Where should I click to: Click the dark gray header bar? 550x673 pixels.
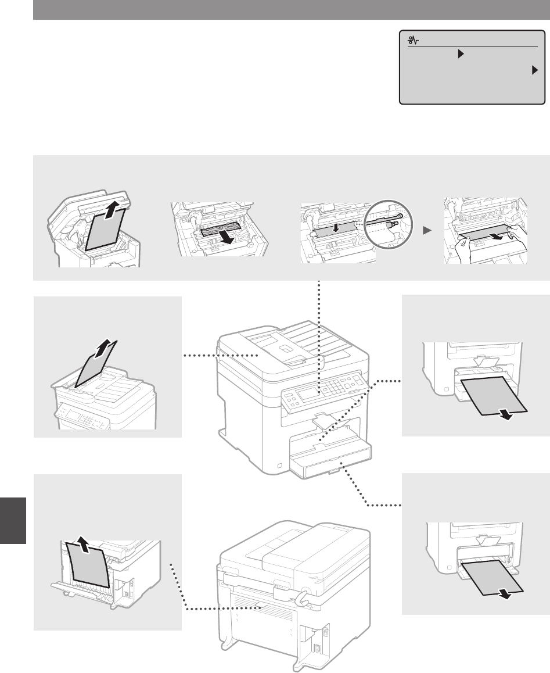(x=291, y=9)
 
